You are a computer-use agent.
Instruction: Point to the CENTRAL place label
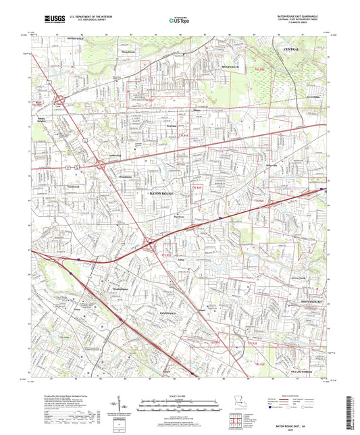pos(292,50)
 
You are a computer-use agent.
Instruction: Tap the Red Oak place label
pos(153,125)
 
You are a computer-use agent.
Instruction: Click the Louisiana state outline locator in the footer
pos(236,404)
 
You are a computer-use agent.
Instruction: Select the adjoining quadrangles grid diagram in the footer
pos(234,423)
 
